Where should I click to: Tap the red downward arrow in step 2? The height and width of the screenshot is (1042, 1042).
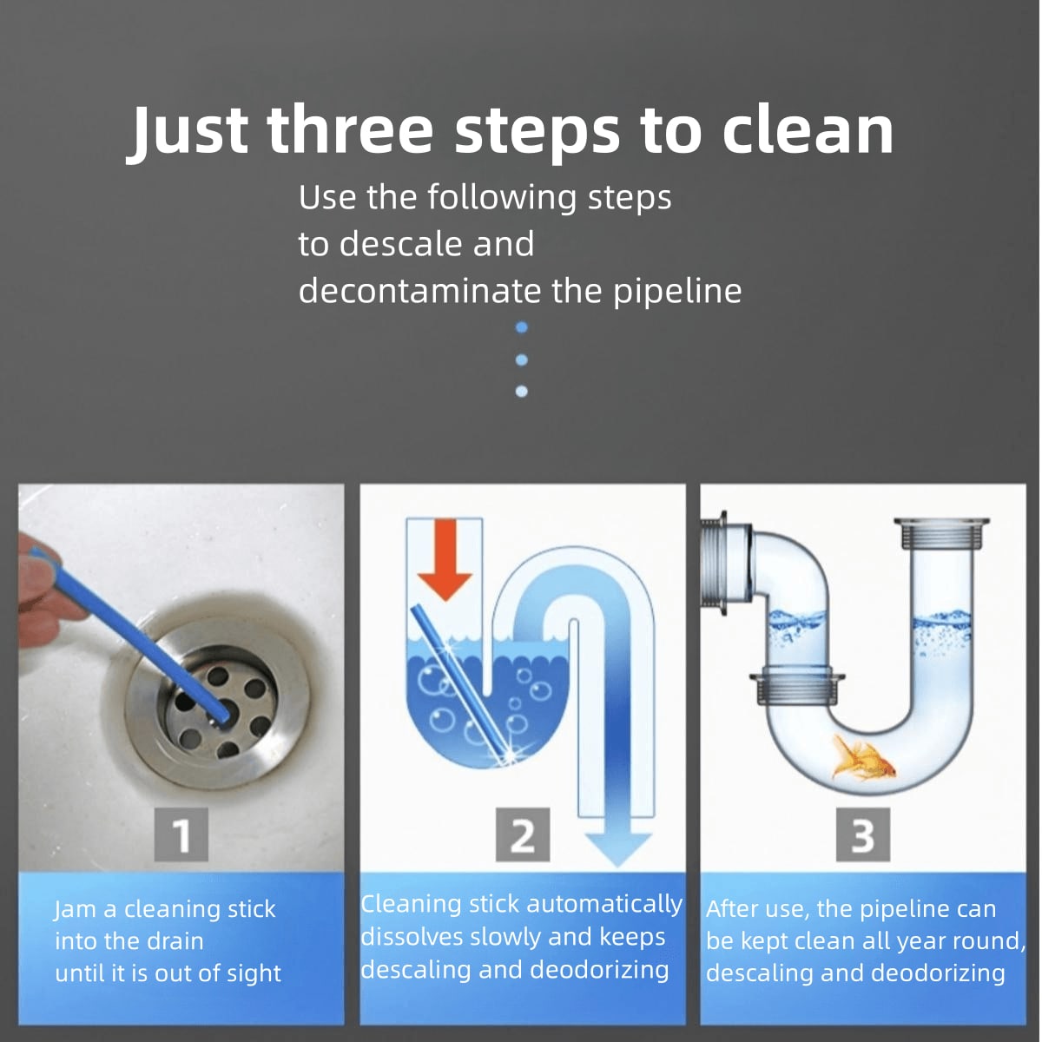pos(445,560)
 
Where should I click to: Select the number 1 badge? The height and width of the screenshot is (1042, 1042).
pos(181,835)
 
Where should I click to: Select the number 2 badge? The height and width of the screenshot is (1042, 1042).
pos(522,835)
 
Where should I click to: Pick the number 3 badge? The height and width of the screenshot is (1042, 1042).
pos(862,835)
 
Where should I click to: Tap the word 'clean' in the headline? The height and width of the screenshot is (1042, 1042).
pos(807,130)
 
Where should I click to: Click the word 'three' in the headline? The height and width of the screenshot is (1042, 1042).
pos(349,130)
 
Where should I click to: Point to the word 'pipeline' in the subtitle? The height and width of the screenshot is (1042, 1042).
pos(677,291)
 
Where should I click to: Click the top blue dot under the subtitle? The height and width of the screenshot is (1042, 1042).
pos(521,327)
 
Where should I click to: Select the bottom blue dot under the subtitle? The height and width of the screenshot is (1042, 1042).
pos(521,392)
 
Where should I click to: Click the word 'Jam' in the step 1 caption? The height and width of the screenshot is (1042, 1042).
pos(76,909)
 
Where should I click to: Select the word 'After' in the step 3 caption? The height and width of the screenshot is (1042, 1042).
pos(732,909)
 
